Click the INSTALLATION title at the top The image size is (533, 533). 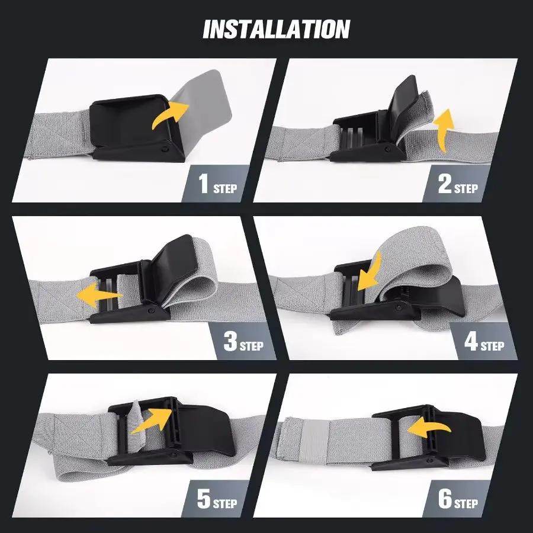(276, 29)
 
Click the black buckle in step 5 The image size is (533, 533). (178, 429)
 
